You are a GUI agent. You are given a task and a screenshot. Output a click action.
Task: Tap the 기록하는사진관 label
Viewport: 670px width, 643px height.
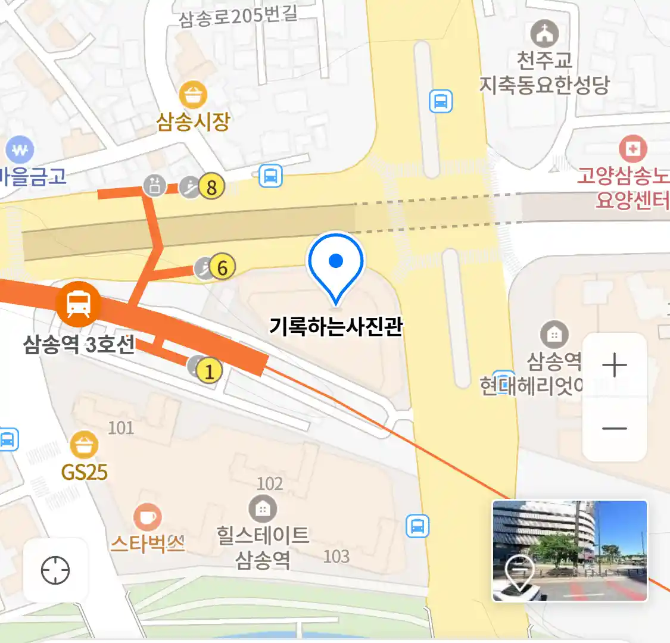click(336, 326)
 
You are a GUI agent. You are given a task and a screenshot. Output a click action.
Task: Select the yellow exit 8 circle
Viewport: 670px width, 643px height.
click(211, 187)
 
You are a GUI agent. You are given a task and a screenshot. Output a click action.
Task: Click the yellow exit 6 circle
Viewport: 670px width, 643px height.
click(222, 268)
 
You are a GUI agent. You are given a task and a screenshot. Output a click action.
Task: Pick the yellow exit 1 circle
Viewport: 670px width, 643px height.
click(209, 371)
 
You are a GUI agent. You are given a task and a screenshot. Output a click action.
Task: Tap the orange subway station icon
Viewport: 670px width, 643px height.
click(78, 304)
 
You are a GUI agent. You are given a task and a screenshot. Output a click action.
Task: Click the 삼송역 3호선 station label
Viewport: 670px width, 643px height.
click(79, 344)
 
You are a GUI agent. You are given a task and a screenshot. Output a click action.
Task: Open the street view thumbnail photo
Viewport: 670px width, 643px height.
click(569, 550)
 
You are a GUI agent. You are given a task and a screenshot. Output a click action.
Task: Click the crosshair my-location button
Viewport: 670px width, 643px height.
click(55, 570)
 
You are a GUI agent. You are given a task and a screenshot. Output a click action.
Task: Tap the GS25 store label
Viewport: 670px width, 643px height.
click(85, 473)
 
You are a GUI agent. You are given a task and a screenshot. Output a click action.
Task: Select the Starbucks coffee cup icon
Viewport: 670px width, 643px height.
click(147, 517)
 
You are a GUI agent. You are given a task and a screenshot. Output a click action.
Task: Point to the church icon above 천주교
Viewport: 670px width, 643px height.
click(544, 34)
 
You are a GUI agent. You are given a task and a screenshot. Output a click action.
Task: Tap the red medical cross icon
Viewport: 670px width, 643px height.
click(632, 148)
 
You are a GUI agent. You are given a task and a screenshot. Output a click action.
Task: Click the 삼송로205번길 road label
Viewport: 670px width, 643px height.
click(238, 16)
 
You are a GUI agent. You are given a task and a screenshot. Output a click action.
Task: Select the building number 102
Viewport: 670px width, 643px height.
click(269, 483)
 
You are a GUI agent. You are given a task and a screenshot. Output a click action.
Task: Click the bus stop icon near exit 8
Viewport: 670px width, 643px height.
click(270, 176)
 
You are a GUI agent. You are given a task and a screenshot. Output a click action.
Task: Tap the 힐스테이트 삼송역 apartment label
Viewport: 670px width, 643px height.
click(263, 547)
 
